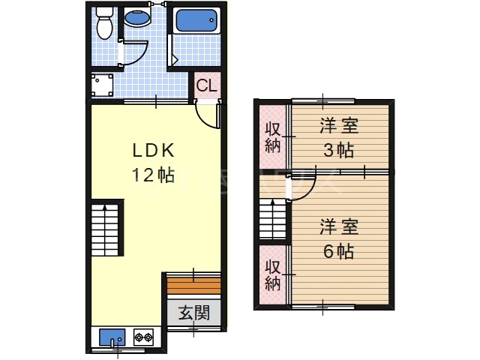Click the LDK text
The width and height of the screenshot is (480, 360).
[x=154, y=150]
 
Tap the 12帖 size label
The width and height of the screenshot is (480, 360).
[x=154, y=175]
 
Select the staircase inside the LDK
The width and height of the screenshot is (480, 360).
[x=106, y=229]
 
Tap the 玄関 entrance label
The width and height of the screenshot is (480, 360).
[x=193, y=313]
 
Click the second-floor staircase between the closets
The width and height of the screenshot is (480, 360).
[x=273, y=220]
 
